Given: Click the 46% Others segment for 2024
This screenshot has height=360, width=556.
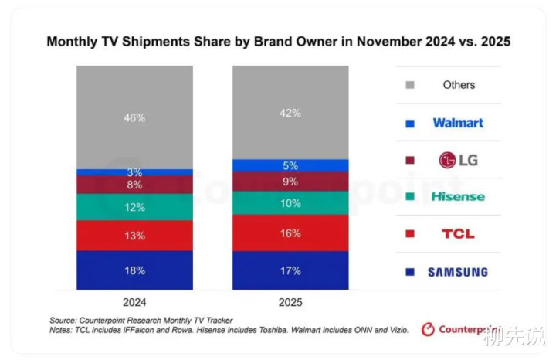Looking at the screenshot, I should click(x=134, y=117).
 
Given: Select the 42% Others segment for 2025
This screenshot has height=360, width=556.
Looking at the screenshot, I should click(x=290, y=112).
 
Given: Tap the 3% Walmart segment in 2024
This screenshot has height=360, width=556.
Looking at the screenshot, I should click(x=134, y=172).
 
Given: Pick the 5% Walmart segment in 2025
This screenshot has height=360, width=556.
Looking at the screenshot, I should click(x=290, y=165).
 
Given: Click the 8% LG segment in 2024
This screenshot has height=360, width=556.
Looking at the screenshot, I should click(x=134, y=185).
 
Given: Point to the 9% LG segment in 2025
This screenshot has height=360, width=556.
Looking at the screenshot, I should click(x=290, y=182).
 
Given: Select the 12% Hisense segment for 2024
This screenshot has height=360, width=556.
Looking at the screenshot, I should click(x=134, y=207).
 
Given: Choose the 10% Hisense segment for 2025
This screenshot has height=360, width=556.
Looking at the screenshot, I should click(x=290, y=203).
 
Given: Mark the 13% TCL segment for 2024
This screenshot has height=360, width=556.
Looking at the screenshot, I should click(x=134, y=236).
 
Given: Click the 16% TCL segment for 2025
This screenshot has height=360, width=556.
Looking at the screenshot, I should click(x=290, y=233).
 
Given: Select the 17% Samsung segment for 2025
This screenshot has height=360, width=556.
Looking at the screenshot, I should click(x=290, y=270).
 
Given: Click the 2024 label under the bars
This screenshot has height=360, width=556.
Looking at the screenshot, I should click(x=134, y=303).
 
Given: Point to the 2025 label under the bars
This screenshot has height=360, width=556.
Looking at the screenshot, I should click(x=290, y=303).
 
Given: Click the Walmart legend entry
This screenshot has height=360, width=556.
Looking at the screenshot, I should click(x=458, y=122).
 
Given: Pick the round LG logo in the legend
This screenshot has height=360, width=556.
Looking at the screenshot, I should click(x=447, y=160).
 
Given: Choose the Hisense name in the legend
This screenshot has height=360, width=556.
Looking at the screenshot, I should click(x=458, y=196).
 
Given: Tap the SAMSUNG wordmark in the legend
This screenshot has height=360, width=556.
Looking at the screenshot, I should click(x=458, y=272).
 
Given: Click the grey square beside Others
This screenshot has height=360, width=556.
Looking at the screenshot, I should click(x=410, y=85).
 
